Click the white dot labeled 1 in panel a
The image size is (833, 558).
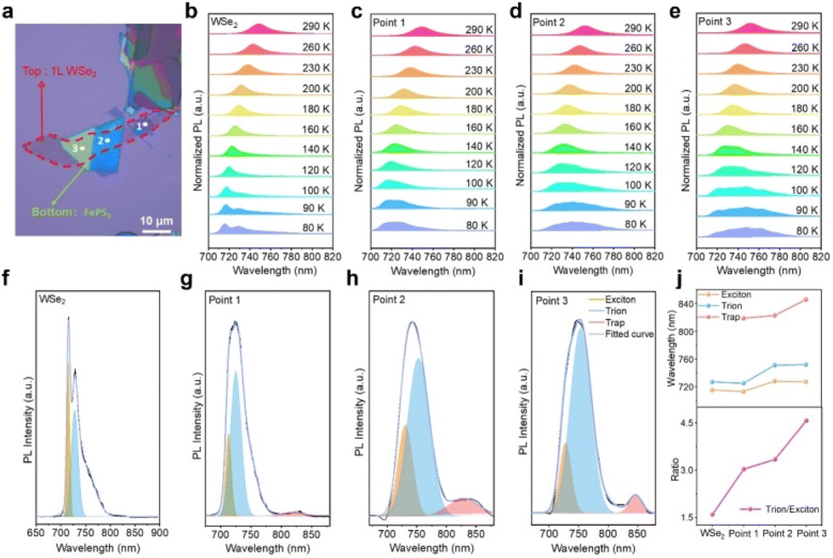[145, 124]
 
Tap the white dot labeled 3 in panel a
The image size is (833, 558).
[83, 149]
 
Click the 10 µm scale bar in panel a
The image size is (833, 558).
[157, 231]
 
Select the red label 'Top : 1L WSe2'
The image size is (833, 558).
[59, 71]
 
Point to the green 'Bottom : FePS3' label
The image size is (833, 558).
[71, 213]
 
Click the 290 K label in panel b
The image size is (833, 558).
[316, 27]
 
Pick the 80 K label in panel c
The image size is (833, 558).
[477, 225]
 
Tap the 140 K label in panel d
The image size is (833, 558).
[637, 146]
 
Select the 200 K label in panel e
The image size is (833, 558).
[804, 88]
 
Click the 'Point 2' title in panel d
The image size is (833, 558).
[549, 22]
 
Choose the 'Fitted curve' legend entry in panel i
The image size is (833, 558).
[622, 334]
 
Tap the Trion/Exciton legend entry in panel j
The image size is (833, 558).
[779, 509]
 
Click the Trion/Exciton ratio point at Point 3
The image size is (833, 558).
[806, 420]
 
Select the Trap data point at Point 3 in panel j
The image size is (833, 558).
[806, 299]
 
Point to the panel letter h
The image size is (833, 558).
[353, 279]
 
